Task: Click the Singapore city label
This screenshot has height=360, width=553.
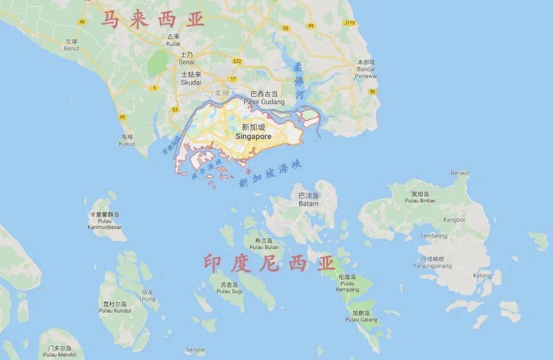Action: click(x=253, y=137)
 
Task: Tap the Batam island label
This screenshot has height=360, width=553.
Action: click(x=308, y=203)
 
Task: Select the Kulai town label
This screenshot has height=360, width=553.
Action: click(x=174, y=44)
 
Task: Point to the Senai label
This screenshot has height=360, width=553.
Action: click(x=187, y=61)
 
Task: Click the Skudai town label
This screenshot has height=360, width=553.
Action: click(x=191, y=82)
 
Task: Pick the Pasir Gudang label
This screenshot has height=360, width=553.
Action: click(x=264, y=102)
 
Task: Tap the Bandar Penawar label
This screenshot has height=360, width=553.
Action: click(x=367, y=73)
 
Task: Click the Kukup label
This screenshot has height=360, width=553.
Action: click(x=127, y=143)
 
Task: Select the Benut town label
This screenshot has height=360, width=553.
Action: click(x=71, y=48)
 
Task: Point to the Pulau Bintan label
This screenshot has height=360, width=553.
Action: click(x=420, y=201)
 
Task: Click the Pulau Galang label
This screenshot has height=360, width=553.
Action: click(x=361, y=320)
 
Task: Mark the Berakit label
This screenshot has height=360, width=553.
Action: click(x=459, y=173)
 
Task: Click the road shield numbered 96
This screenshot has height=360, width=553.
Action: click(x=82, y=22)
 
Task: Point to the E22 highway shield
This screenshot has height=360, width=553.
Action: click(x=237, y=61)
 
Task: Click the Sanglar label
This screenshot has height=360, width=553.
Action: click(x=196, y=350)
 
